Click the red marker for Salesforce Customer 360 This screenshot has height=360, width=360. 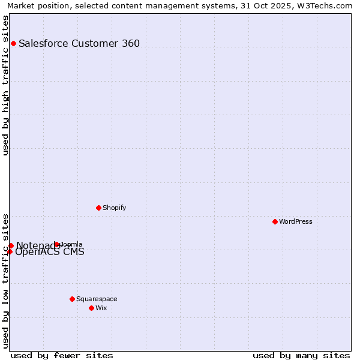13,43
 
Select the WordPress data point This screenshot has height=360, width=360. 275,221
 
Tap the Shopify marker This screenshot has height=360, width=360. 98,208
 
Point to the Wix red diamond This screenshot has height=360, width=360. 91,308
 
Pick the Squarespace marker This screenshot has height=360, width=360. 72,299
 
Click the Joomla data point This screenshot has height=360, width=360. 57,244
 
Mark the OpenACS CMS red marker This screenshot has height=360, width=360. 10,251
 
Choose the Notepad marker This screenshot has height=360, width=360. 11,245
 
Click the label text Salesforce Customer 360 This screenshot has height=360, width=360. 79,43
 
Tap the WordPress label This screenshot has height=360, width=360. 296,221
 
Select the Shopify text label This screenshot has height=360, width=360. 115,208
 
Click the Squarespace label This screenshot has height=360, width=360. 97,299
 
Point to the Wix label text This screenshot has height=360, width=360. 101,308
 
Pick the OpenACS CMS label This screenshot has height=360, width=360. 50,252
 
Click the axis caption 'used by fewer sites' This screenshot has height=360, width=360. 62,355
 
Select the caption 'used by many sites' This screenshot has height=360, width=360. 301,355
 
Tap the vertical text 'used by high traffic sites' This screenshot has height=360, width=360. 5,86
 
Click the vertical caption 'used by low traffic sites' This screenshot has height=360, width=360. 5,280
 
